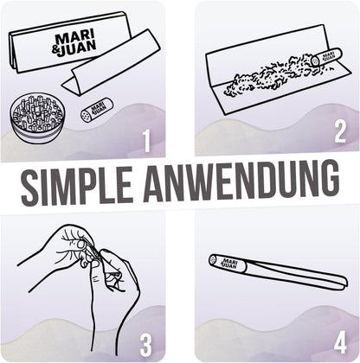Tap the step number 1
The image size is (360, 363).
point(147,141)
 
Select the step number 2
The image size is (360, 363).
point(340,132)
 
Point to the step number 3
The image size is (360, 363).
point(145,346)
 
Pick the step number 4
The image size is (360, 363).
point(340,343)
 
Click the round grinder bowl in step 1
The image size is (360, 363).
point(36,119)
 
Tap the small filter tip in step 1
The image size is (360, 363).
point(97,111)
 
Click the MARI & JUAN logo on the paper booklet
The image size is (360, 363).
point(74,43)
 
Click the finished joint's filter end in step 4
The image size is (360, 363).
point(228,264)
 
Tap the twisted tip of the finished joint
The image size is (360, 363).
point(342,283)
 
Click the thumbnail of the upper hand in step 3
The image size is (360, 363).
point(81,245)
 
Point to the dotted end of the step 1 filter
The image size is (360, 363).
point(86,115)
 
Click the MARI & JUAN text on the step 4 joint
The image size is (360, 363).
point(230,264)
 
